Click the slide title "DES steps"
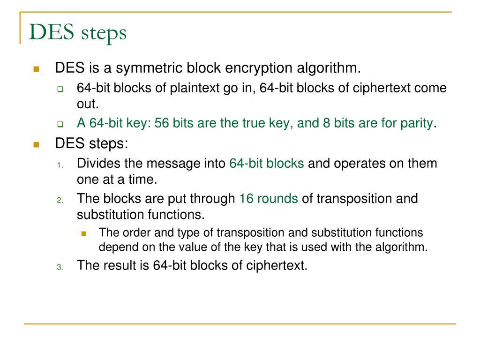[x=78, y=33]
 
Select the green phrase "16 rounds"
[x=269, y=198]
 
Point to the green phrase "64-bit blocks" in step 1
[x=267, y=164]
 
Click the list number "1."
[x=60, y=165]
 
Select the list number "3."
[x=60, y=267]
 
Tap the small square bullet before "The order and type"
[x=84, y=233]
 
